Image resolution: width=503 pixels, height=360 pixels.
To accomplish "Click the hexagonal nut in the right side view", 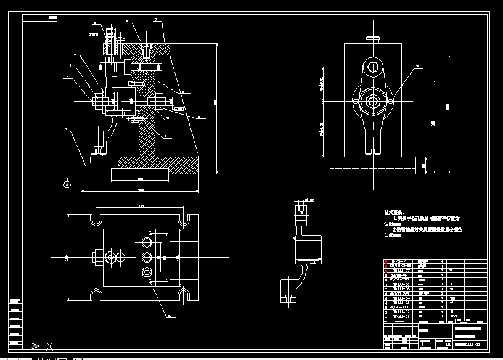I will (x=372, y=100).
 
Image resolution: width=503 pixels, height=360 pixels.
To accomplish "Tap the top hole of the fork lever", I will (x=372, y=67).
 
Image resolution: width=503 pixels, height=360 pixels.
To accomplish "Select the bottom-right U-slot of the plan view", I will (x=183, y=295).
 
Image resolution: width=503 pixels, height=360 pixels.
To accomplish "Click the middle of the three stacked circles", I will (x=147, y=256).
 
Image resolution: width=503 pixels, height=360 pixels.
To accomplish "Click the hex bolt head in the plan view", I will (x=97, y=256).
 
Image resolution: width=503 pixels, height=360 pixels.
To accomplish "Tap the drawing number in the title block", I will (x=471, y=345).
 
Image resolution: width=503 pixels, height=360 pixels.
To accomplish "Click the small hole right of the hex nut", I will (x=390, y=100).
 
